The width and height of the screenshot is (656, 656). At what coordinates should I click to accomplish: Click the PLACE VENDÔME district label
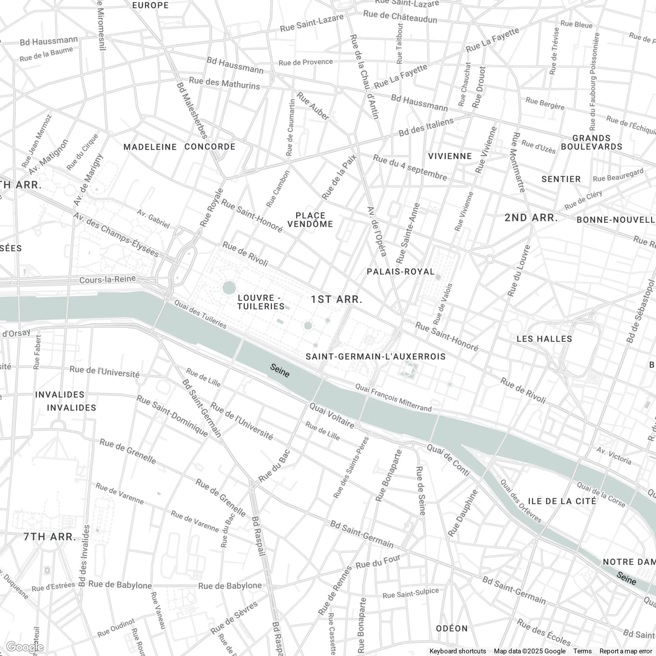coord(310,220)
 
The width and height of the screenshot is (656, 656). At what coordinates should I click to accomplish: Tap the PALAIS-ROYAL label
coord(401,272)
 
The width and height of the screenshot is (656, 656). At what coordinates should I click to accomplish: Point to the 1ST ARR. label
coord(336,299)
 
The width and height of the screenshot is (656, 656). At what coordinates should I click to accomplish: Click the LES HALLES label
coord(544,339)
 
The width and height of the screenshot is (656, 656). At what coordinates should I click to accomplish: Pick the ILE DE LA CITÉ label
coord(562,501)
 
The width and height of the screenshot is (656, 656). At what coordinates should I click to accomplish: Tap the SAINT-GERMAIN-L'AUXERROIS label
coord(376,356)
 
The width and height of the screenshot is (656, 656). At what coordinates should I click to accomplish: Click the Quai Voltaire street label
coord(332,415)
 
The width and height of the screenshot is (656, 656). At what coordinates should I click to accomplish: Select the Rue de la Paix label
coord(339,177)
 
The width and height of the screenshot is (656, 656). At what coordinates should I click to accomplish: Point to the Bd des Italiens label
coord(426,127)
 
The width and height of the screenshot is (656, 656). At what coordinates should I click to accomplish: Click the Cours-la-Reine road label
coord(107,280)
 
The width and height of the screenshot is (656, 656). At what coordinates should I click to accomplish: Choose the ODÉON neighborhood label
coord(452,629)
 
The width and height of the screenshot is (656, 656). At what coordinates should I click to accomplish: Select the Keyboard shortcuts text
coord(457,651)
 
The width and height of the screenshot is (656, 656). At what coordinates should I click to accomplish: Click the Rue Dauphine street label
coord(463,513)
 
